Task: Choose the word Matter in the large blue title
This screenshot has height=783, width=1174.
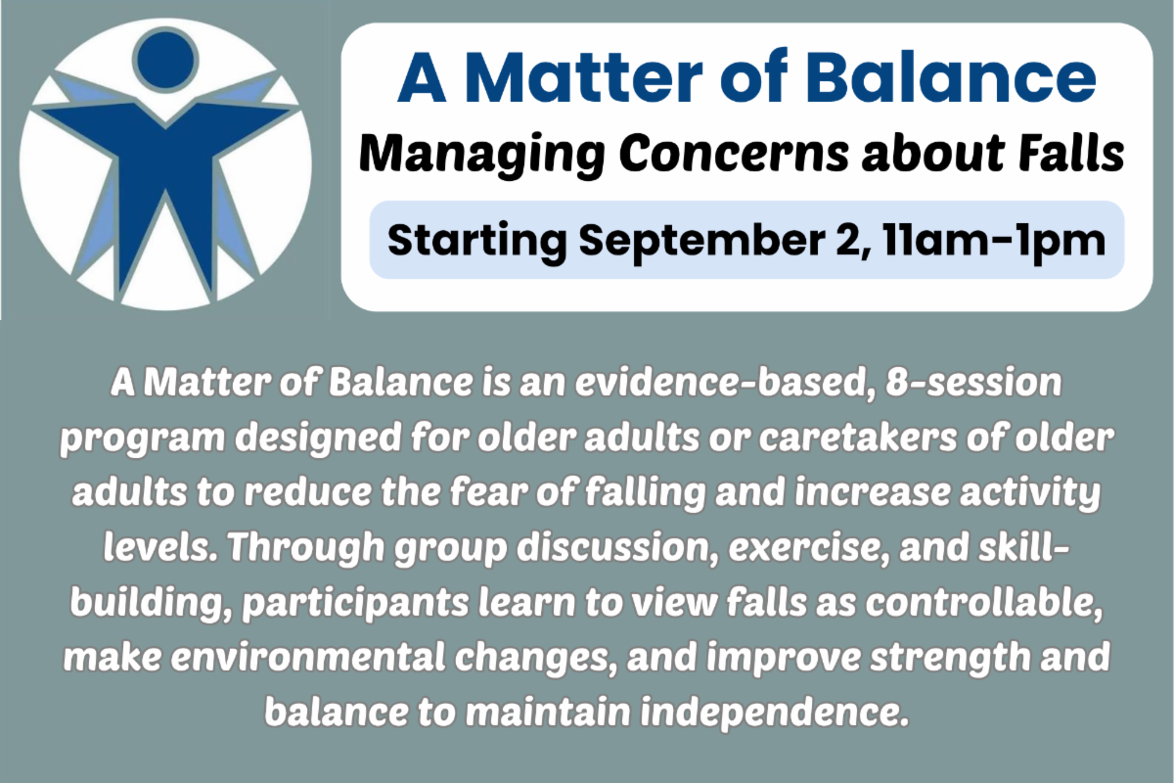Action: (583, 78)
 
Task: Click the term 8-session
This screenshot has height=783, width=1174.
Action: (973, 383)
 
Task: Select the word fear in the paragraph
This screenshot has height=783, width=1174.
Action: (486, 492)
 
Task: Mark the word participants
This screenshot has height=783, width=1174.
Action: (356, 604)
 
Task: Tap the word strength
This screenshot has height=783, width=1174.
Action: (950, 659)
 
